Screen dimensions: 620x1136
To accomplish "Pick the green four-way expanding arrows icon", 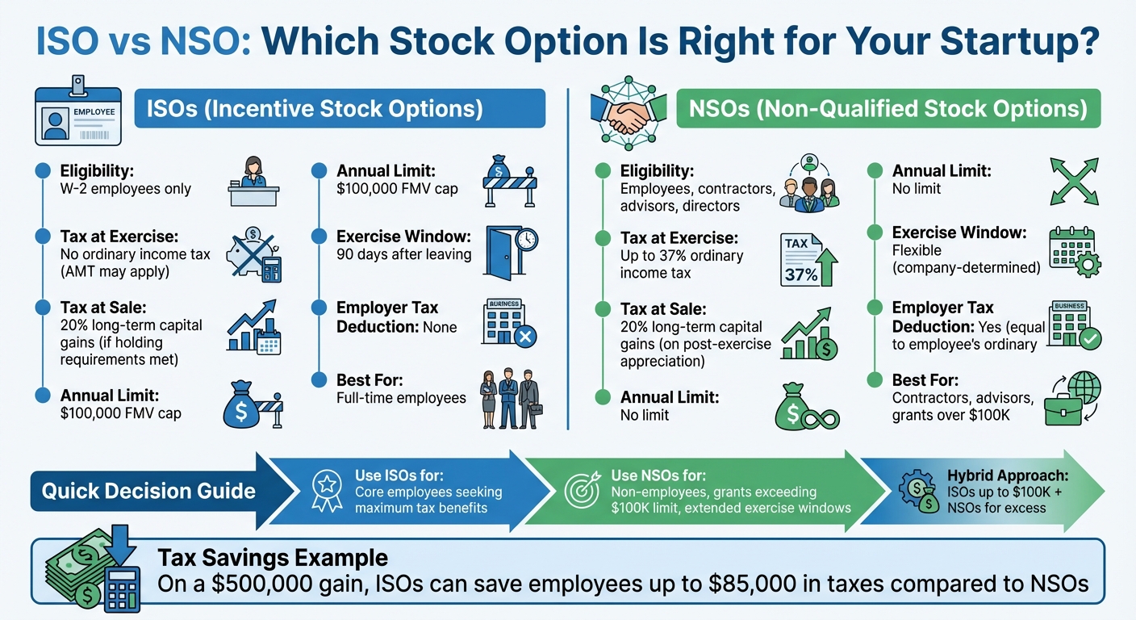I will pyautogui.click(x=1074, y=182).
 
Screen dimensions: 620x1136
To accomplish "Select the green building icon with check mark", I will pyautogui.click(x=1074, y=325).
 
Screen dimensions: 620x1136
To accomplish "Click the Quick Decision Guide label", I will pyautogui.click(x=148, y=491).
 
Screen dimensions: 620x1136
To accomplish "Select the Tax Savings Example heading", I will pyautogui.click(x=273, y=558).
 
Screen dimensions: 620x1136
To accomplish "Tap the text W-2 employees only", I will pyautogui.click(x=125, y=189).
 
